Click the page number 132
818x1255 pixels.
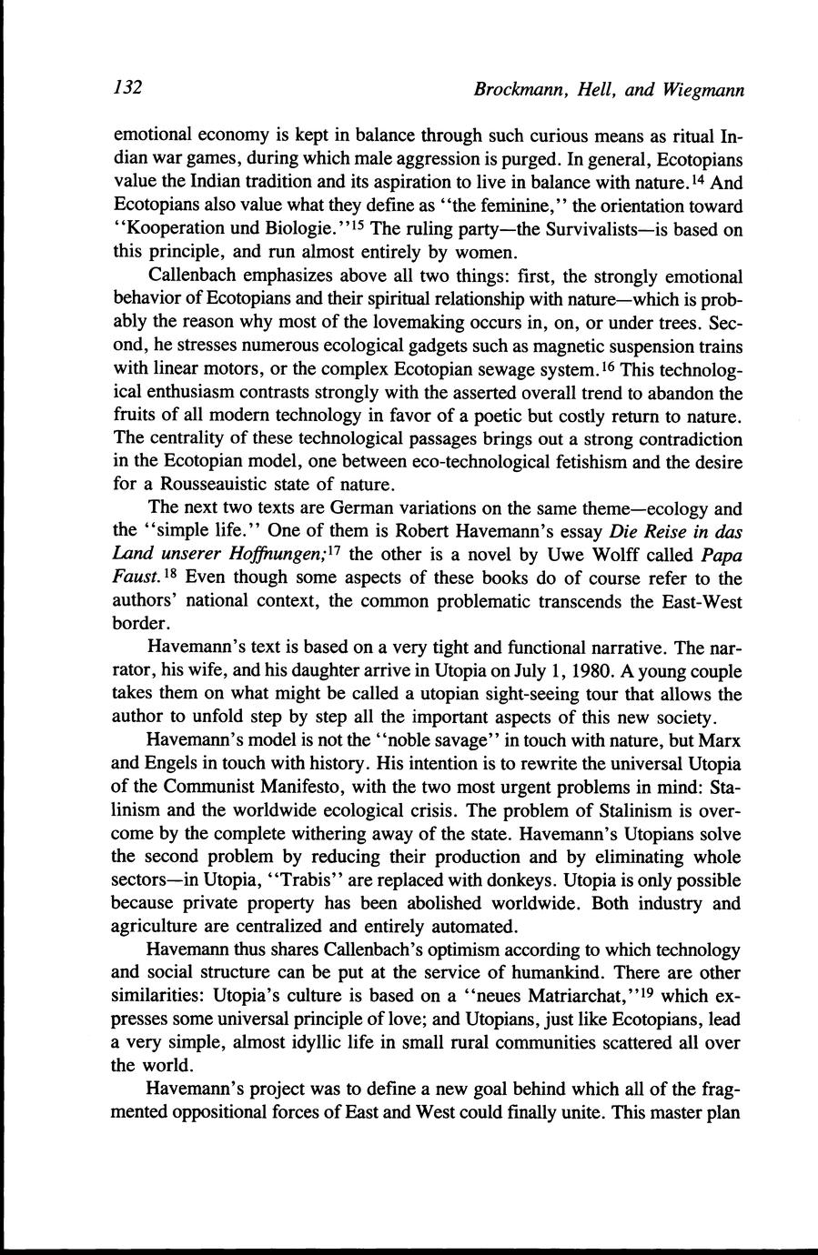point(128,87)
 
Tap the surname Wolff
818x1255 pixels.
point(597,555)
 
